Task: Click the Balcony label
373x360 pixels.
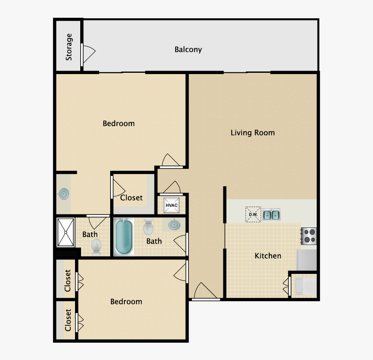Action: [188, 49]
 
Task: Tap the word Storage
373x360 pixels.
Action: [69, 47]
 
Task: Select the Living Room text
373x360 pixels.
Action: [252, 133]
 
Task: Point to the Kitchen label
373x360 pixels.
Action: [268, 256]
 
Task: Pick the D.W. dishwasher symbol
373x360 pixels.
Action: [253, 214]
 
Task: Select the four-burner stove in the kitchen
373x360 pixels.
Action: [309, 236]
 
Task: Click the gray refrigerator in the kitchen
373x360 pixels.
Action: [307, 259]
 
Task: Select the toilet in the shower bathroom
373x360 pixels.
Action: [96, 247]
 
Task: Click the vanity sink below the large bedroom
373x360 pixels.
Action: [64, 194]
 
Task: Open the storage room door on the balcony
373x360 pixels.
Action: [88, 55]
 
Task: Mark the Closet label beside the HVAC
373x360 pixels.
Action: [131, 198]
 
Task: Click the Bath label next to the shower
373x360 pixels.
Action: [90, 234]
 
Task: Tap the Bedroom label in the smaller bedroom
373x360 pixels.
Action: [126, 302]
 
